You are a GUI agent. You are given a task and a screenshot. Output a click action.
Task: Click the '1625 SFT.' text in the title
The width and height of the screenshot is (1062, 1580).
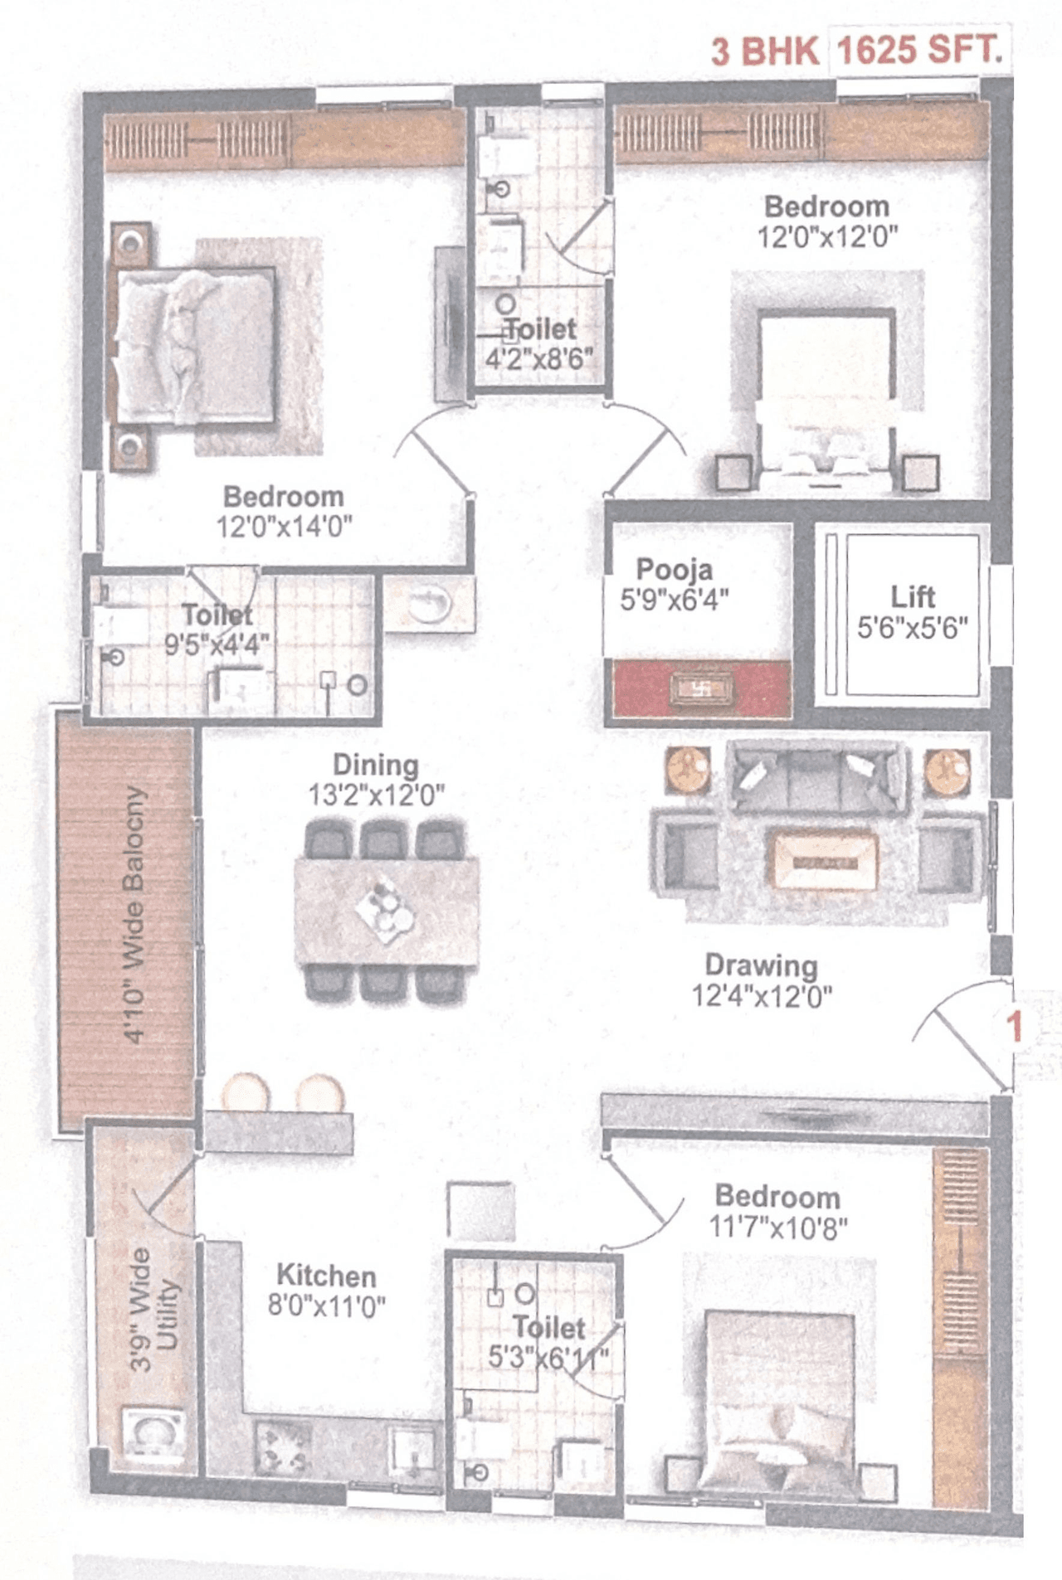919,51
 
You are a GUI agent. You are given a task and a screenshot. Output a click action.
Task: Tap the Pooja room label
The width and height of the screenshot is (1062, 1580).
674,570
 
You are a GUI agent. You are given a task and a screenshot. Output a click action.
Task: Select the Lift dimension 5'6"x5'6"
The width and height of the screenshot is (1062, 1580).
912,628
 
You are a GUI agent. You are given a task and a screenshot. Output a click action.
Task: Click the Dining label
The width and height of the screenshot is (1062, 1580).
375,765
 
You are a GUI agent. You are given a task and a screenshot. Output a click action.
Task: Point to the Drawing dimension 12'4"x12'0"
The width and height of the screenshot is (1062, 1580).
762,995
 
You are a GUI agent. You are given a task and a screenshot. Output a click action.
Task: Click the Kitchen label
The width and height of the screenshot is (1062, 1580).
326,1276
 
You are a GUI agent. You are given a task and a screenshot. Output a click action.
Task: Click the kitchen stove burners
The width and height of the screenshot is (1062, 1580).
283,1447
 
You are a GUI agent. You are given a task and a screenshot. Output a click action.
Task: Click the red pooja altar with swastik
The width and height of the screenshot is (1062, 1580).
701,689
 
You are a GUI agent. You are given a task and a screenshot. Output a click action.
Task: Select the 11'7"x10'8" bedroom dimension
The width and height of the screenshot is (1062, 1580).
777,1227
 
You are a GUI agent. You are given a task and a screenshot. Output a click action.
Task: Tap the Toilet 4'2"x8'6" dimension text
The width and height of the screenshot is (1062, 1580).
539,359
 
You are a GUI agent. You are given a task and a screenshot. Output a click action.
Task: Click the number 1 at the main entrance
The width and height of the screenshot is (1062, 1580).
1013,1027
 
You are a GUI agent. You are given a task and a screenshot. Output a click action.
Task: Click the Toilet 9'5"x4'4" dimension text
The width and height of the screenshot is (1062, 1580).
217,644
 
